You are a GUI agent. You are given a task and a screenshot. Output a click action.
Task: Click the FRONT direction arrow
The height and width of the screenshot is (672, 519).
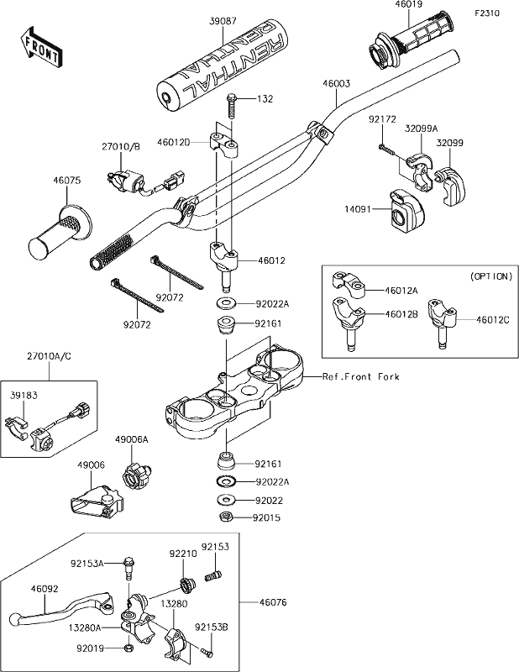coord(39,47)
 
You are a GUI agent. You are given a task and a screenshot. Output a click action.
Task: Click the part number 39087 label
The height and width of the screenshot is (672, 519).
coord(223,21)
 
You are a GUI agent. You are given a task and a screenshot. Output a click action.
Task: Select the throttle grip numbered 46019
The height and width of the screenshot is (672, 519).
coord(410,45)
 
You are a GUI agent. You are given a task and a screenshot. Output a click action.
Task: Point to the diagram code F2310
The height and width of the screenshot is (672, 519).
coord(487,13)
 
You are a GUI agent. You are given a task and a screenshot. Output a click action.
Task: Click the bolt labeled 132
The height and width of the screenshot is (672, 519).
coord(231,105)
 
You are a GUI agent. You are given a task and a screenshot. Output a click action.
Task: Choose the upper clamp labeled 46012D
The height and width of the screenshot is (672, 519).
coord(224,144)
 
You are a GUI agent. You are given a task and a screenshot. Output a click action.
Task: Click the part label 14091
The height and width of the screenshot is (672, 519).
coord(358,209)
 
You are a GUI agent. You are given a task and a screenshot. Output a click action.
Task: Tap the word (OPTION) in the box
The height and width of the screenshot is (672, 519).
coord(491,276)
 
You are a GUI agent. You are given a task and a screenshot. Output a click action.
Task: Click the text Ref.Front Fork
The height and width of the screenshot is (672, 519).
coord(361,376)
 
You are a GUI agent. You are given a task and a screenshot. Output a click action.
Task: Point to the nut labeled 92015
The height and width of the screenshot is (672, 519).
coord(225,517)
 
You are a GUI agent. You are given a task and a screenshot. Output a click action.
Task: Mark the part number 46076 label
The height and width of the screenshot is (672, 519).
coord(273,602)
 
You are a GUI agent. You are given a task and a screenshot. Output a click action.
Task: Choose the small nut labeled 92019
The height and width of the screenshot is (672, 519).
coord(128,648)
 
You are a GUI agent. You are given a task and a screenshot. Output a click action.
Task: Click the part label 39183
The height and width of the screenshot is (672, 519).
coord(24,396)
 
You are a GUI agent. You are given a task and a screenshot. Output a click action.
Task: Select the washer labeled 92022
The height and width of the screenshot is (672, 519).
coord(225,500)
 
